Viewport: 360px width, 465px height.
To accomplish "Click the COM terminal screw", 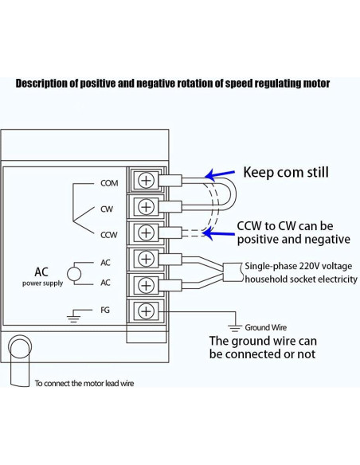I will [147, 180].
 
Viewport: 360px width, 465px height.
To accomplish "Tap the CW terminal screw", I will [147, 207].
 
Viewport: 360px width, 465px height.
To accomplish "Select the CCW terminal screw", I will [147, 232].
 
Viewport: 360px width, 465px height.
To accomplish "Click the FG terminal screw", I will [147, 310].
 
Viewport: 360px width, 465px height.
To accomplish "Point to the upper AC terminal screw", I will [147, 259].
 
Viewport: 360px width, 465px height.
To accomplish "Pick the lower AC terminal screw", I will [147, 284].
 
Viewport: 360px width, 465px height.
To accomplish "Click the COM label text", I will [109, 183].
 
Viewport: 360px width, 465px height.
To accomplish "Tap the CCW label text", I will [109, 236].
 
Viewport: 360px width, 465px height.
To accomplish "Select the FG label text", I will [105, 310].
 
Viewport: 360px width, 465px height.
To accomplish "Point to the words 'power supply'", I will [43, 283].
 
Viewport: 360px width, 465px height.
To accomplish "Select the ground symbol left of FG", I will [75, 316].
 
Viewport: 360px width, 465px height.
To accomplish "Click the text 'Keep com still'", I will [285, 171].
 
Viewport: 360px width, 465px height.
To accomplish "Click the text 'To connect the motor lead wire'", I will [84, 383].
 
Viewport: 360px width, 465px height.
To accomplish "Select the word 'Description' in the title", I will [41, 83].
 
